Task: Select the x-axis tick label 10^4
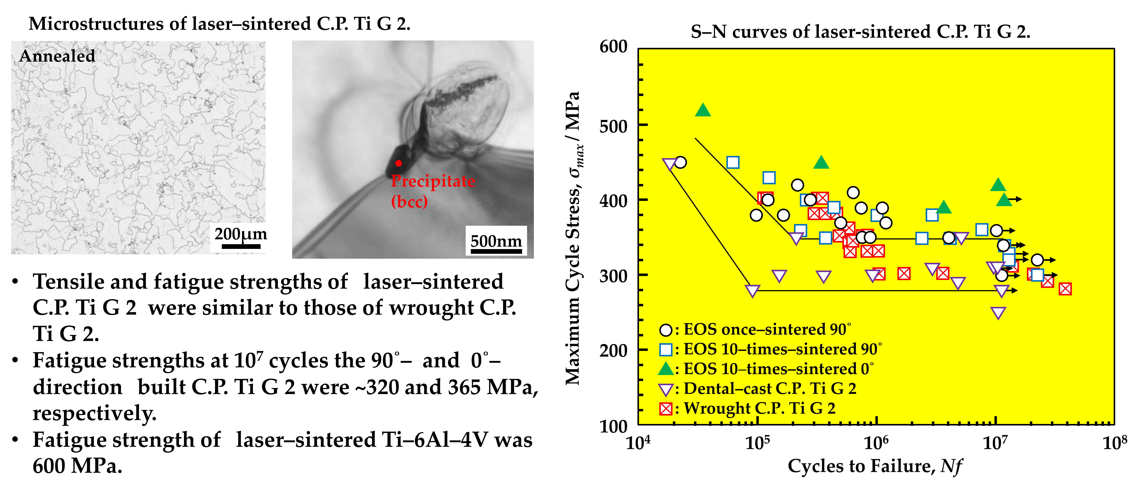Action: [638, 443]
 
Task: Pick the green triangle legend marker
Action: [666, 369]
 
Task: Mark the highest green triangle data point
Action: [703, 110]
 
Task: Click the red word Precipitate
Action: [433, 181]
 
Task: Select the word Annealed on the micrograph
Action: [57, 56]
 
